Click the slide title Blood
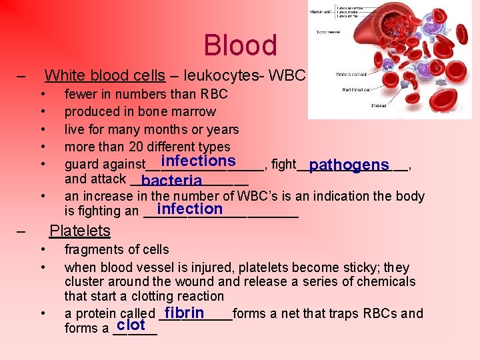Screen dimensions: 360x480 point(240,45)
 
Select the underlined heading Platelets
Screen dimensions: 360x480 point(80,231)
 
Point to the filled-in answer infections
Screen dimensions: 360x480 point(198,161)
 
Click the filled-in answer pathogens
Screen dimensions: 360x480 point(349,165)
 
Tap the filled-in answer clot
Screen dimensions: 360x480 point(131,325)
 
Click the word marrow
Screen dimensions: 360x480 point(193,111)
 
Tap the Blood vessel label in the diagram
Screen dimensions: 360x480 point(326,31)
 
